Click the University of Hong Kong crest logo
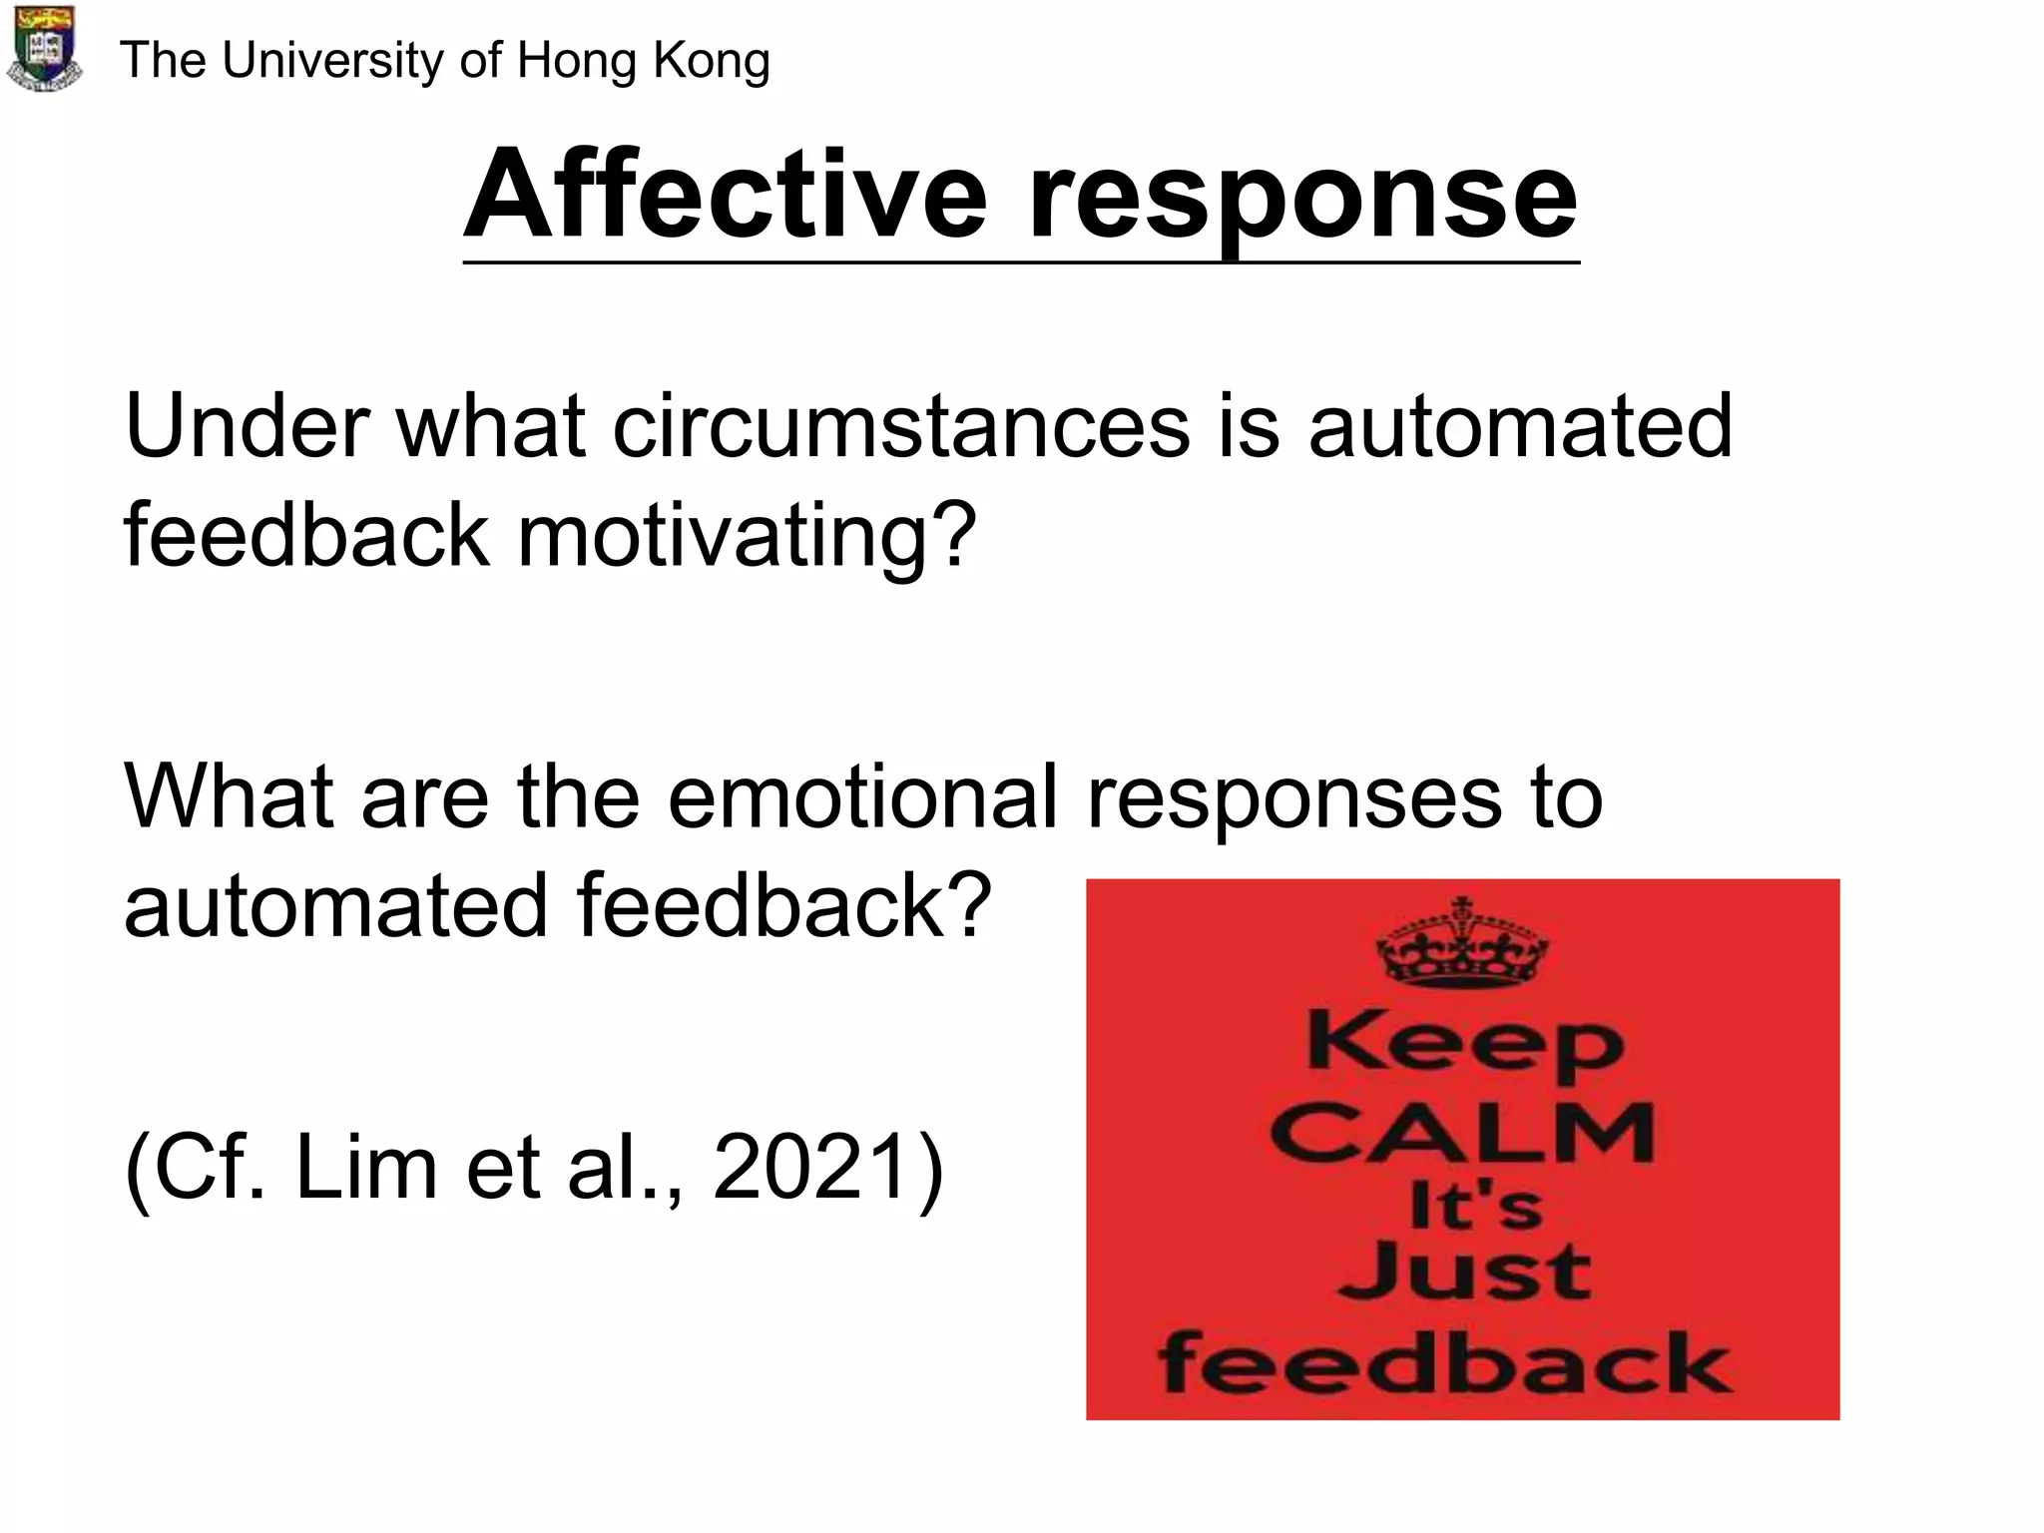44,50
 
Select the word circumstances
900,427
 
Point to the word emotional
861,796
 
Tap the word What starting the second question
228,796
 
